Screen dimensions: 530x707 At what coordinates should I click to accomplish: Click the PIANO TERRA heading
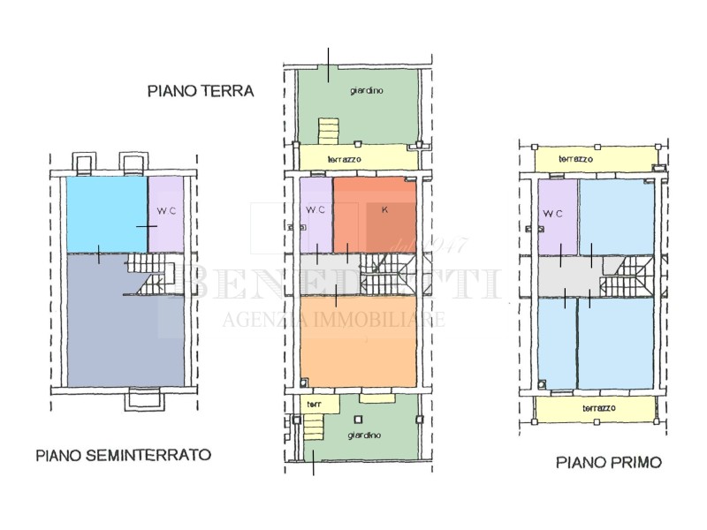point(201,90)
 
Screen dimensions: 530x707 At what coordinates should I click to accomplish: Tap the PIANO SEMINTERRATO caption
point(123,456)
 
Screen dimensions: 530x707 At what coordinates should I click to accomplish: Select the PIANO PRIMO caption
point(607,461)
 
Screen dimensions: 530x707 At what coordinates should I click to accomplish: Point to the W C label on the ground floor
point(315,210)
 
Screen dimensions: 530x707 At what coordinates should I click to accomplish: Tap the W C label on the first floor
point(552,214)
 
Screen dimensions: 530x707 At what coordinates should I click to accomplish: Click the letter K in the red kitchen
point(384,210)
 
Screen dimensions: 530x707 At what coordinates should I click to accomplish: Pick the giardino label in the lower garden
point(364,435)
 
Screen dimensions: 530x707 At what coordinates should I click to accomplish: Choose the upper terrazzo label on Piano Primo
point(576,159)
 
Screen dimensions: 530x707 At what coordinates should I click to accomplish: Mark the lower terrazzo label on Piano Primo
point(601,408)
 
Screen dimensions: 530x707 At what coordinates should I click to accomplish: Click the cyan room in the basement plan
point(104,212)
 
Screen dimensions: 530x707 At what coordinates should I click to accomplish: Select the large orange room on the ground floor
point(358,340)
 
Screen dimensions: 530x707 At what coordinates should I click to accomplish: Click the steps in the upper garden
point(329,133)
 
